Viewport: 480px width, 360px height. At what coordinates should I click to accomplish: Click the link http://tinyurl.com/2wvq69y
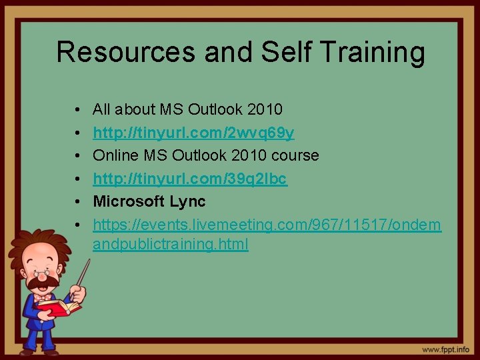click(193, 133)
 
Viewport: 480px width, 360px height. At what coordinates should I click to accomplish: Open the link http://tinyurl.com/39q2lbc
click(190, 178)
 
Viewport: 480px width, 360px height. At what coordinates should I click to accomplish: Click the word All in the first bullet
click(102, 109)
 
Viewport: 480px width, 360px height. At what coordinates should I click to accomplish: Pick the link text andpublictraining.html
click(171, 245)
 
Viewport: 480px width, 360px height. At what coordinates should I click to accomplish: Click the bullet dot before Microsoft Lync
click(78, 201)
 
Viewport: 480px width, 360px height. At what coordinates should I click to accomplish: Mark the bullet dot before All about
click(78, 109)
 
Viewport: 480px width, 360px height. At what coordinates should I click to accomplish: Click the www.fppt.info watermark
click(445, 349)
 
